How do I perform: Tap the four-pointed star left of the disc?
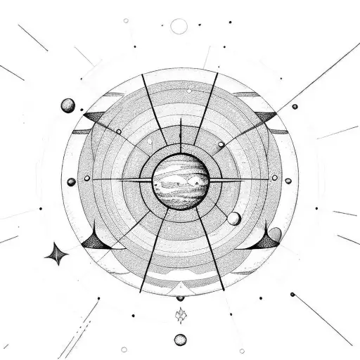[56, 252]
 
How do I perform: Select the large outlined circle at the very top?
[180, 27]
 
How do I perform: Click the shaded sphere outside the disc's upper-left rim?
[68, 105]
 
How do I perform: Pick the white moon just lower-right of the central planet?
[233, 219]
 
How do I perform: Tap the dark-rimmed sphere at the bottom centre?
[181, 339]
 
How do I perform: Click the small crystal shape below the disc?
[181, 312]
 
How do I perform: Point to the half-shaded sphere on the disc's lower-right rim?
[275, 234]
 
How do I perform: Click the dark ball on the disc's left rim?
[71, 181]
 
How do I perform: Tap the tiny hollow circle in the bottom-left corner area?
[124, 349]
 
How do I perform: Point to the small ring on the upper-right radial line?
[221, 144]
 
